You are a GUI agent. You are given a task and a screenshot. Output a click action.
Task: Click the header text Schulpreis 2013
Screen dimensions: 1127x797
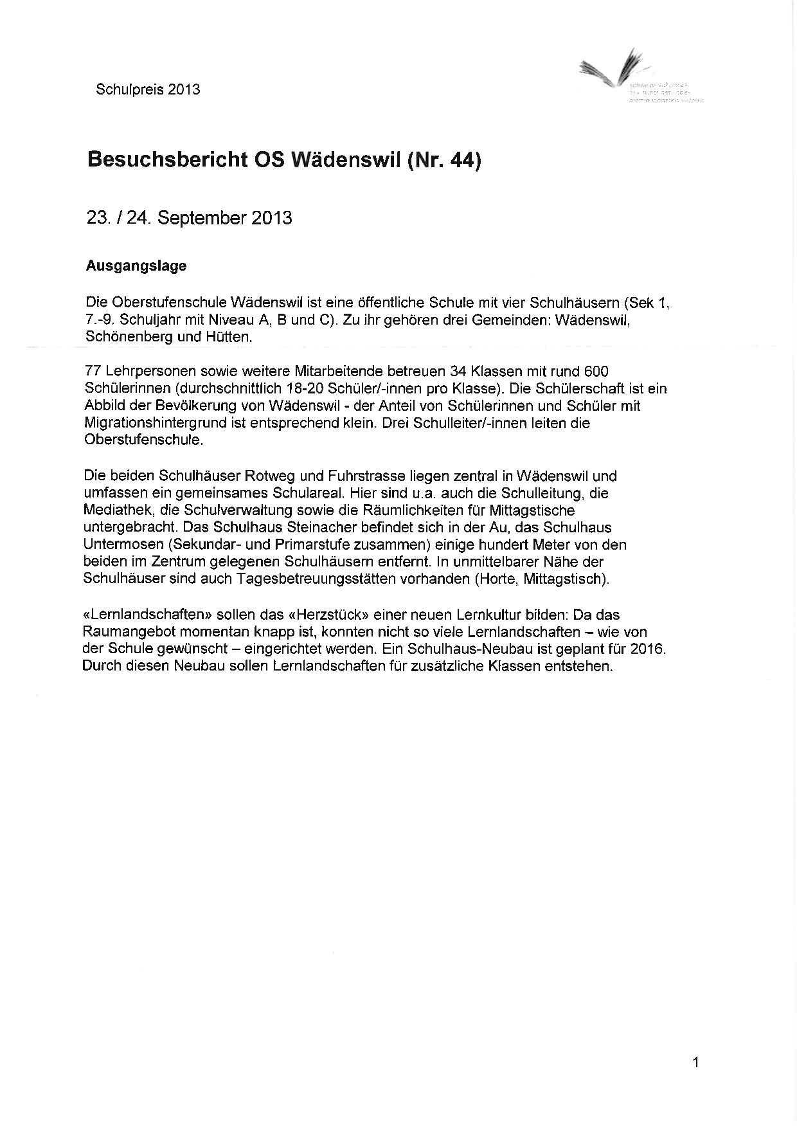coord(148,89)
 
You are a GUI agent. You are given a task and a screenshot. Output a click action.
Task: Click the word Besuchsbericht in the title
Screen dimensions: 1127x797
coord(166,159)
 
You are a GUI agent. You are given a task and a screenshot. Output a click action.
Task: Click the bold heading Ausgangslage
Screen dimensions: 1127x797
coord(136,266)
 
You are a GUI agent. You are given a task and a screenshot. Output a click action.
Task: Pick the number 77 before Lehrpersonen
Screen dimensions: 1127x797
coord(93,372)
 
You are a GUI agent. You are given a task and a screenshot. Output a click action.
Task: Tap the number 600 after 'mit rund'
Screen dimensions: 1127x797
coord(596,372)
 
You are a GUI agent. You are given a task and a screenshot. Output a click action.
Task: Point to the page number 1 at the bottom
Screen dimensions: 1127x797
coord(695,1063)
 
